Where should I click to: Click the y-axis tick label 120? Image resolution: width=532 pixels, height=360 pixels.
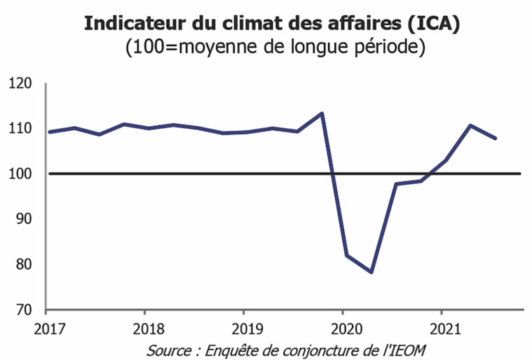click(x=21, y=83)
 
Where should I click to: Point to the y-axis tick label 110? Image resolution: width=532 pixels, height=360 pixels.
click(x=21, y=128)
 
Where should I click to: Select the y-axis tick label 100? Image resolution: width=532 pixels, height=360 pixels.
click(x=21, y=174)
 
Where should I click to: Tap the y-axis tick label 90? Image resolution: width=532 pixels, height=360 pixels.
click(x=25, y=219)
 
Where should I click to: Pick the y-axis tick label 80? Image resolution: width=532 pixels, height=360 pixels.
click(x=25, y=265)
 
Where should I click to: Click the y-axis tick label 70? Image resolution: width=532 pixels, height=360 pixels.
click(x=25, y=310)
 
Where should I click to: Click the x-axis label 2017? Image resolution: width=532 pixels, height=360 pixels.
click(x=46, y=327)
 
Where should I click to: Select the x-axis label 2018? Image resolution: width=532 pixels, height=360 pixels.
click(x=144, y=327)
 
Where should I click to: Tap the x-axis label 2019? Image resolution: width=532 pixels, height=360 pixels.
click(x=243, y=327)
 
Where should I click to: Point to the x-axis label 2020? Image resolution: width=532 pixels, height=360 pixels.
click(x=342, y=327)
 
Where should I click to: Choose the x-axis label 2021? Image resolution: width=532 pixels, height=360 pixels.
click(x=441, y=327)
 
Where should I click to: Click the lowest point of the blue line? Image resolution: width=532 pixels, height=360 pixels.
click(x=371, y=272)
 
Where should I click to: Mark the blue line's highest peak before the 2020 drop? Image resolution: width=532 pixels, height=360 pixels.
click(x=321, y=113)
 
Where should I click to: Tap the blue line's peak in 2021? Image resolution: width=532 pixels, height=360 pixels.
click(x=470, y=125)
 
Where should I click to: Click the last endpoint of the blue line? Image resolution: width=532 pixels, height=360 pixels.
click(x=496, y=139)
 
